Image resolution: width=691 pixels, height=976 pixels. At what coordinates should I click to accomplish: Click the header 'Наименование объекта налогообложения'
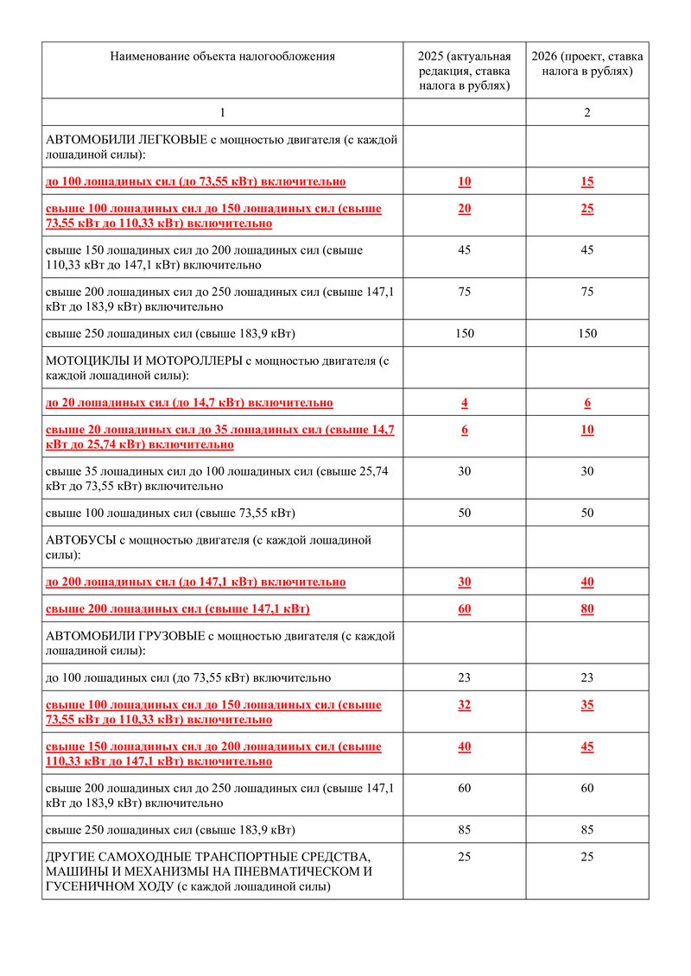click(222, 57)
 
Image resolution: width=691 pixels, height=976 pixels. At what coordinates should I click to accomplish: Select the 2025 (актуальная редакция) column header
click(465, 71)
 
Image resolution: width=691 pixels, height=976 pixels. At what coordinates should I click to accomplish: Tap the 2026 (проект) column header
click(587, 64)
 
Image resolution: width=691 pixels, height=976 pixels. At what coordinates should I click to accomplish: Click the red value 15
click(587, 181)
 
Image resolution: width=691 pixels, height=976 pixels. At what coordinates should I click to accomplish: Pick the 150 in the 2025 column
click(465, 333)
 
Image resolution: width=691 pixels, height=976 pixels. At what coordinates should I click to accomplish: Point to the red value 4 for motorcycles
click(465, 403)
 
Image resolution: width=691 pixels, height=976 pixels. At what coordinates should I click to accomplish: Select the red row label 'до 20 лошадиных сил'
click(189, 403)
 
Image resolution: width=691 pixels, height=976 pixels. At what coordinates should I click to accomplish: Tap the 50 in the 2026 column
click(587, 513)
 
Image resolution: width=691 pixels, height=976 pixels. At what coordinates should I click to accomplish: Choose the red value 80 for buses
click(587, 609)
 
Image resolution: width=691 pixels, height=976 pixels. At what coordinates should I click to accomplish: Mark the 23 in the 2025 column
click(465, 677)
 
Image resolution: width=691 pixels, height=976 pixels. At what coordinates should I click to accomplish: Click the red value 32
click(465, 705)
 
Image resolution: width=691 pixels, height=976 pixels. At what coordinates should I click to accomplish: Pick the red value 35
click(587, 705)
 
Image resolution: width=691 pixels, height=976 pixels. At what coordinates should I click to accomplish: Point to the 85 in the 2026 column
click(587, 830)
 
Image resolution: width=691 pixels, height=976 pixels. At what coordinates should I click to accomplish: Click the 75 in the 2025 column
click(465, 292)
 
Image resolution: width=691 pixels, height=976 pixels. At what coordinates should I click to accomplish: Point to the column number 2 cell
click(587, 112)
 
